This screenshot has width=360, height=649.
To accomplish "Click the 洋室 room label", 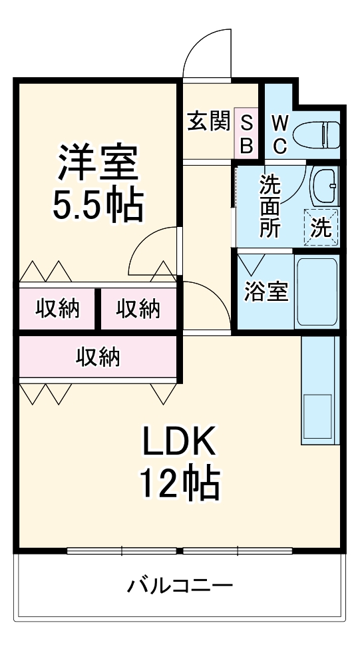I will coord(98,163).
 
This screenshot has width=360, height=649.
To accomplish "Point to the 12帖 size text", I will coord(178,484).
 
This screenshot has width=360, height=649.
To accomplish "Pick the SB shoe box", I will coord(246,133).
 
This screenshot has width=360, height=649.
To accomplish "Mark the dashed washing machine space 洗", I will coord(321,228).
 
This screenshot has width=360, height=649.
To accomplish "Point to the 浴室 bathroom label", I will coord(266,292).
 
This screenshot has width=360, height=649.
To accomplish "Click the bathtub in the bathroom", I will coord(317,292).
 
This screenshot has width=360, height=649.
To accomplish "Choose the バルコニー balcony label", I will coord(180,586).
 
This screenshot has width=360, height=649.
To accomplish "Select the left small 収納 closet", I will coord(58,308).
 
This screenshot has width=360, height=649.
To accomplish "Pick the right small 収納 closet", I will coord(138,308).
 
